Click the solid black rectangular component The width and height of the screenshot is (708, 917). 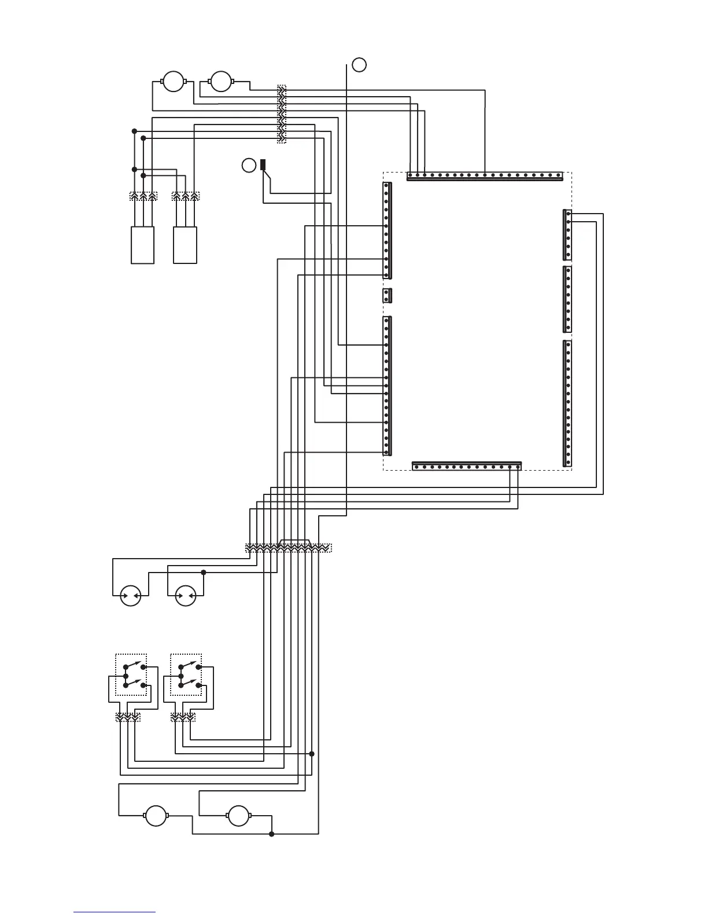(x=263, y=164)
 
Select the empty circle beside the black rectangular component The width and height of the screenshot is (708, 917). (x=248, y=165)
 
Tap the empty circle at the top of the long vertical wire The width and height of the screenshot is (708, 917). (x=359, y=65)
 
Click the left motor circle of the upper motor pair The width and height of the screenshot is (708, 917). (x=172, y=82)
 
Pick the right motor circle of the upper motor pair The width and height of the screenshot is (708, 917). (x=220, y=82)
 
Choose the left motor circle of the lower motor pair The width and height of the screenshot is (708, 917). (x=155, y=816)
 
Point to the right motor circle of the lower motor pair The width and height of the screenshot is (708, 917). (x=238, y=816)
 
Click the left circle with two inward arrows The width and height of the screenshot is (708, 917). (x=131, y=595)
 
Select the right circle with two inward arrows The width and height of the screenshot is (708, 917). (x=186, y=595)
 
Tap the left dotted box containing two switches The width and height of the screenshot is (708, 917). (x=131, y=675)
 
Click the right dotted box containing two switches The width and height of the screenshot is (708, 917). (x=186, y=675)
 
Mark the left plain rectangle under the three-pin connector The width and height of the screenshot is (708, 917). (x=143, y=245)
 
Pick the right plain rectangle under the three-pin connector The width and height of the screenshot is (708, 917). (x=185, y=245)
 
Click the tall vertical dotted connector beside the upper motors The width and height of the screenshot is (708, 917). (x=282, y=114)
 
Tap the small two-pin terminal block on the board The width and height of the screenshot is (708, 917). (x=388, y=296)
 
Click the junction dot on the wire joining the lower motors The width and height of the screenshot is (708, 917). (x=272, y=834)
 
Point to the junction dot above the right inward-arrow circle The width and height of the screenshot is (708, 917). (x=203, y=573)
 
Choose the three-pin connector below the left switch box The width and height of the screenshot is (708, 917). (x=128, y=717)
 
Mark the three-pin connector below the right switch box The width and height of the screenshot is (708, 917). (x=183, y=717)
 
